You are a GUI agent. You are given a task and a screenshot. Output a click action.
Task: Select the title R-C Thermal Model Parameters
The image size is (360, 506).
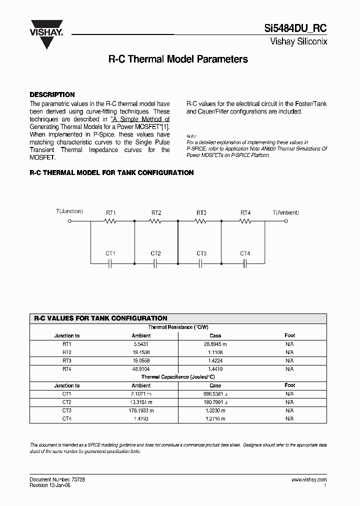pos(178,59)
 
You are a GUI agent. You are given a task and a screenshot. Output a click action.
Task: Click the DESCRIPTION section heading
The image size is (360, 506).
pos(52,94)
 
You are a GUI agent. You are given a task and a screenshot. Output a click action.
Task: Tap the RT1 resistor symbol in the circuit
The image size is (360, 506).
pos(110,220)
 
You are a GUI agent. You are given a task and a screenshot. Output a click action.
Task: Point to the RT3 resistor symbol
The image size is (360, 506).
pos(201,220)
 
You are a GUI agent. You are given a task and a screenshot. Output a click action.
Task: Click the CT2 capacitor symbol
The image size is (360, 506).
pos(155,262)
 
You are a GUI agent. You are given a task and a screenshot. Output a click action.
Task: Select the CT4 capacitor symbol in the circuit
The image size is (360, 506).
pos(245,262)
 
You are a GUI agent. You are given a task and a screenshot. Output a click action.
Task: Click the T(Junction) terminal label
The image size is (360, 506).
pos(69,211)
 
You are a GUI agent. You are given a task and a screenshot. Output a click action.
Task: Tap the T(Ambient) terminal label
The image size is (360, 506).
pos(285,212)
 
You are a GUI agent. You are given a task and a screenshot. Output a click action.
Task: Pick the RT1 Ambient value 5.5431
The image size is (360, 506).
pos(141,344)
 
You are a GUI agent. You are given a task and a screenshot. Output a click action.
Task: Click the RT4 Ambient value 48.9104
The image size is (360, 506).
pos(141,369)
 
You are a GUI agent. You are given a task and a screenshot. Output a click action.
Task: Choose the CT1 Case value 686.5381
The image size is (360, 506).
pos(215,394)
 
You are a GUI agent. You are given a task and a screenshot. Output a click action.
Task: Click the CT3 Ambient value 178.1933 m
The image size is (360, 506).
pos(141,410)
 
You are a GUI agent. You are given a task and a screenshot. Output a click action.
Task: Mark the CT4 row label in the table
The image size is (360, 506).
pos(67,419)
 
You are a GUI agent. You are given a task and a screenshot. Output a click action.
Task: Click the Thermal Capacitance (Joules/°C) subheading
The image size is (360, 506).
pos(178,377)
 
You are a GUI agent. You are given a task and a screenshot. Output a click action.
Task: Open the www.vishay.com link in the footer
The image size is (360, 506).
pos(308,479)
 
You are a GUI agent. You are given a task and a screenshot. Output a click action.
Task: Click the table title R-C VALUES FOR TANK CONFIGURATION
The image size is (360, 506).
pos(100,318)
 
